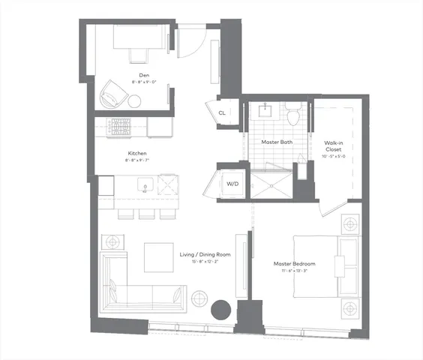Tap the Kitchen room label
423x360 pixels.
136,153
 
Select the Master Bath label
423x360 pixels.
275,142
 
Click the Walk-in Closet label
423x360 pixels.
334,145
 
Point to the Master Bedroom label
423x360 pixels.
294,264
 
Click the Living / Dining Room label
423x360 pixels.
204,255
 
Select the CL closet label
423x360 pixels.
222,113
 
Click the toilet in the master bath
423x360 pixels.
293,114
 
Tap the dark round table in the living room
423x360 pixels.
220,309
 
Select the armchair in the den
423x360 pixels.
113,94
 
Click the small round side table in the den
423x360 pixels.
134,101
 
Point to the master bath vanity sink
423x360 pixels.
265,111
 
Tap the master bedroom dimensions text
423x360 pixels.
294,271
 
